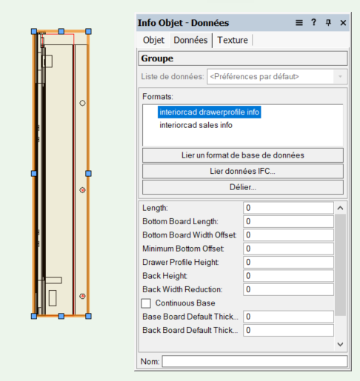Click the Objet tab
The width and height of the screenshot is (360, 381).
[x=153, y=40]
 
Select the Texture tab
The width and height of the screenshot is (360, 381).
[x=233, y=40]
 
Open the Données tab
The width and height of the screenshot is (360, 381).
[x=190, y=40]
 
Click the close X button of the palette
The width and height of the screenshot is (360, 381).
[x=343, y=23]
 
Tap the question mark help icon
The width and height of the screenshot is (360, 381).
[x=313, y=22]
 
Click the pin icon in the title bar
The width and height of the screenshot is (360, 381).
[x=328, y=23]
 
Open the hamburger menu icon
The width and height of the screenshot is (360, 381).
[x=299, y=23]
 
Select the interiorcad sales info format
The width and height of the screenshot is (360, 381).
[x=196, y=125]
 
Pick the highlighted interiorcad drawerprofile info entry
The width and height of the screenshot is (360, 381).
[x=210, y=112]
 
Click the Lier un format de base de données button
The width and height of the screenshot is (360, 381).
[x=243, y=155]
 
